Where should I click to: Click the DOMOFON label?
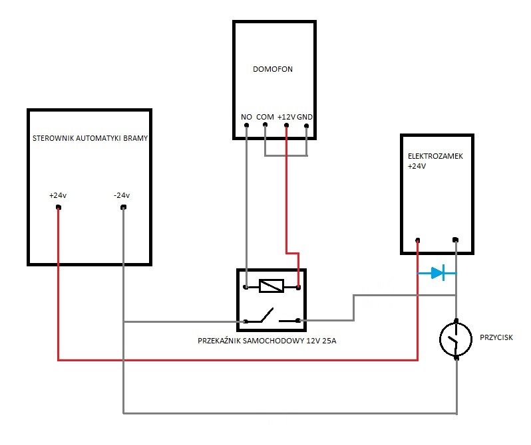(273, 69)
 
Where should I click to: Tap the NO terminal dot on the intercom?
(246, 125)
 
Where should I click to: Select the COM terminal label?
(265, 117)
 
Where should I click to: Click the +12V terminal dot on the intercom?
(287, 126)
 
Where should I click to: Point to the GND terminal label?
(305, 117)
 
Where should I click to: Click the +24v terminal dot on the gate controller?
(59, 207)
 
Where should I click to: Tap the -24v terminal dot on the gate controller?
(123, 207)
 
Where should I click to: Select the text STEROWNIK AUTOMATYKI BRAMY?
(90, 138)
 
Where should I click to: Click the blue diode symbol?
(437, 273)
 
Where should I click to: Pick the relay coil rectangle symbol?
(271, 286)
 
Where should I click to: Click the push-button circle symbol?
(456, 339)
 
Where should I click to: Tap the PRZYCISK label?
(496, 337)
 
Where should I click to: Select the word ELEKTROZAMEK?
(435, 156)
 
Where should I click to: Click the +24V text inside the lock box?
(417, 166)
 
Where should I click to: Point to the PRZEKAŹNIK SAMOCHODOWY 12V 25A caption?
(267, 341)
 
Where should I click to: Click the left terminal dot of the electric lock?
(418, 240)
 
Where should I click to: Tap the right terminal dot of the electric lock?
(456, 240)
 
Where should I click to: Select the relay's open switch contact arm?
(266, 315)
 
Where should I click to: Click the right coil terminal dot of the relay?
(298, 288)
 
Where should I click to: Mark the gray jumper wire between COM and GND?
(286, 155)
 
